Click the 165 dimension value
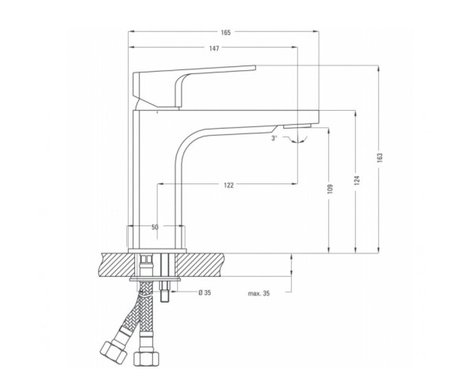click(x=226, y=33)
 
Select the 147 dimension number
click(x=214, y=48)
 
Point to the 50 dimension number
click(x=155, y=227)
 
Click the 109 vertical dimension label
click(x=330, y=189)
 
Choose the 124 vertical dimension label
click(x=357, y=180)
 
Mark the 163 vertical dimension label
click(x=379, y=158)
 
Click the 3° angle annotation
click(x=274, y=138)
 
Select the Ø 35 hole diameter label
click(x=205, y=292)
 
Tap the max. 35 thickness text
click(x=259, y=293)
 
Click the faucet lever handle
click(x=194, y=88)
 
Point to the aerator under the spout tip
click(x=297, y=126)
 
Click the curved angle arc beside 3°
click(x=297, y=140)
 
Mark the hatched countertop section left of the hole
click(x=117, y=265)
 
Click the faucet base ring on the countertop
click(x=157, y=251)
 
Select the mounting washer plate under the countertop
click(x=155, y=279)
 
